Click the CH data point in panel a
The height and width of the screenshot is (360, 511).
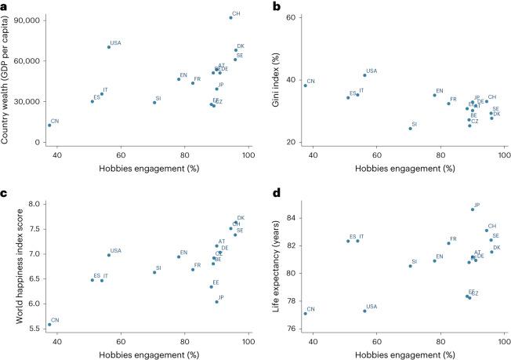tap(230, 17)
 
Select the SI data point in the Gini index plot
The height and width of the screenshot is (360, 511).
tap(410, 128)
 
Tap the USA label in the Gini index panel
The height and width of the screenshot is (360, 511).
tap(371, 71)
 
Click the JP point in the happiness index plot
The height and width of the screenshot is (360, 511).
tap(216, 302)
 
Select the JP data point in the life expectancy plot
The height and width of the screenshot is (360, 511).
tap(472, 209)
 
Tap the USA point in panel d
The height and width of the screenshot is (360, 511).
tap(364, 311)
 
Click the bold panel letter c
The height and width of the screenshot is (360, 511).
tap(5, 192)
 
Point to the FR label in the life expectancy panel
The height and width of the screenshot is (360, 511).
tap(453, 239)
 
